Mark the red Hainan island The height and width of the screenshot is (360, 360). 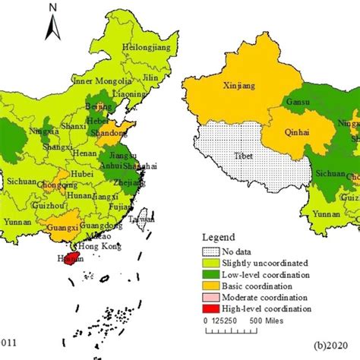74,259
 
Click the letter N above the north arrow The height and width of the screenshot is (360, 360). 51,8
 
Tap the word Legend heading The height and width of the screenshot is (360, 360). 218,236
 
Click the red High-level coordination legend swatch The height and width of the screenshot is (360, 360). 211,309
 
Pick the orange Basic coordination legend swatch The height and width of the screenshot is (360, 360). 211,286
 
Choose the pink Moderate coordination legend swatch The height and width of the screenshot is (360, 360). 211,298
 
